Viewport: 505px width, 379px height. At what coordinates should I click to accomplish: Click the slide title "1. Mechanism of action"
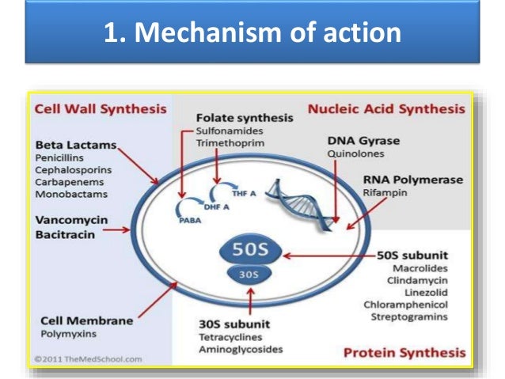pos(252,34)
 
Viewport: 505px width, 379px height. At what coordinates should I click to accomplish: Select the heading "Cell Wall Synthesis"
pos(100,108)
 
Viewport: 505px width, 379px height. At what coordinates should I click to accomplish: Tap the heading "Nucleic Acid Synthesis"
pos(386,108)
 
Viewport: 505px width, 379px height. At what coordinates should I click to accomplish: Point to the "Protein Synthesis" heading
pos(404,352)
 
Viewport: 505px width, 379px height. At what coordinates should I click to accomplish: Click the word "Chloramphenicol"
pos(405,304)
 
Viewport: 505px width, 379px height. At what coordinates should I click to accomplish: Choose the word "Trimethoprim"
pos(230,143)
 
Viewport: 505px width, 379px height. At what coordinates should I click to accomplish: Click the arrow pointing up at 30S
pos(250,301)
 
